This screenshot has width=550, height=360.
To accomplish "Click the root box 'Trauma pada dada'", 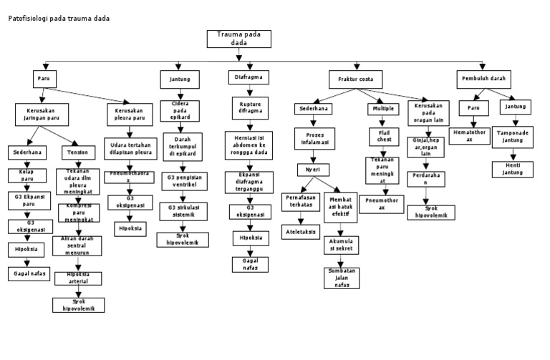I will [238, 39].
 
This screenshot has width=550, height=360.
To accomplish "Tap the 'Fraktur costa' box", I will [355, 77].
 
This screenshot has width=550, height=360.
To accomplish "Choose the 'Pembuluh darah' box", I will [485, 77].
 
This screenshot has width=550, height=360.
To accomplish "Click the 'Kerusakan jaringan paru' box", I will [41, 114].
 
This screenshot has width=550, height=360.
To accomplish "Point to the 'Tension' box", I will [77, 152].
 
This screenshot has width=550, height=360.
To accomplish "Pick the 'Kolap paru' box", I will [26, 175].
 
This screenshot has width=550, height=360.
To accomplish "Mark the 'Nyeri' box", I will [314, 170].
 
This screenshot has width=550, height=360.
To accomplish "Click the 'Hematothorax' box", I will [469, 135].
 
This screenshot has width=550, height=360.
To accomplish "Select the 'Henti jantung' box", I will [511, 169].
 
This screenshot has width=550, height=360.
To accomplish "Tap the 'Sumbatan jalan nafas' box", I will [342, 278].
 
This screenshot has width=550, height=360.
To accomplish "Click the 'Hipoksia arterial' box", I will [78, 277].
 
